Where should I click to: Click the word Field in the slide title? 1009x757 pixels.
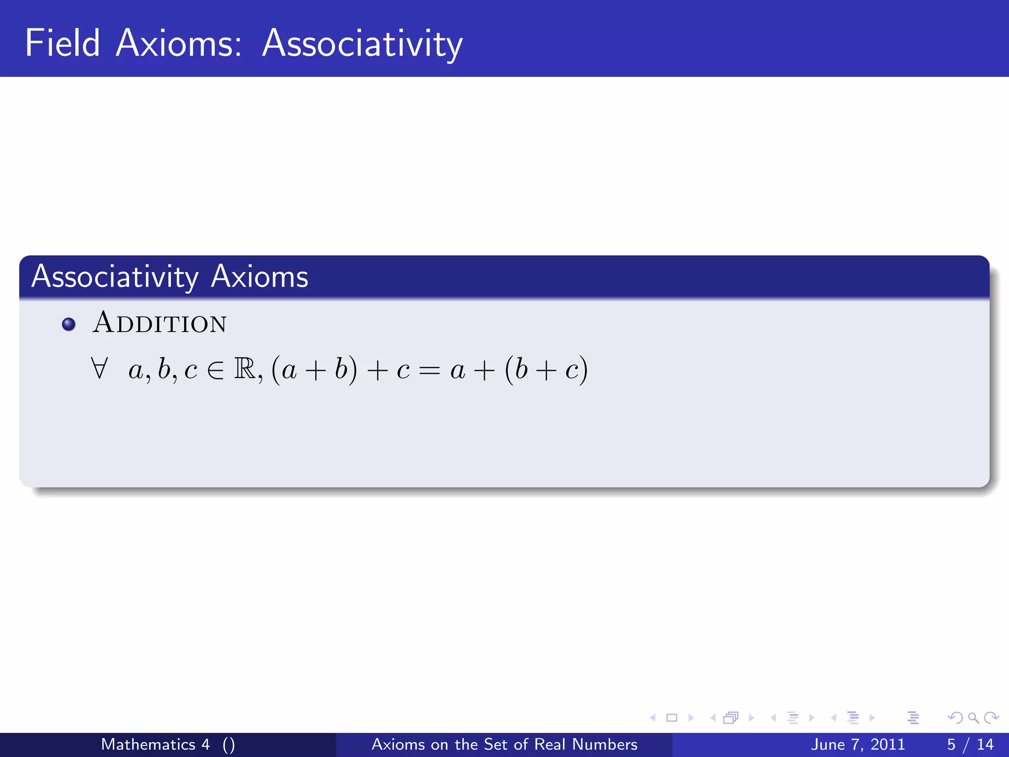pos(62,43)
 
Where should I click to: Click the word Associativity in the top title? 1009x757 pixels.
pos(362,44)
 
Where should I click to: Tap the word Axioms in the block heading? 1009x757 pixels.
pos(259,276)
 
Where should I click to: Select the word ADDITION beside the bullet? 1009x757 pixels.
pos(160,323)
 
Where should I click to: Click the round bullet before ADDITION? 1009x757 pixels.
pos(68,324)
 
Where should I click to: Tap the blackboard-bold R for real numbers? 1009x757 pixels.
pos(245,369)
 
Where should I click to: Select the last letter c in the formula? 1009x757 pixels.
pos(572,371)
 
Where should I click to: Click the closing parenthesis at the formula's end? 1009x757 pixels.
pos(583,370)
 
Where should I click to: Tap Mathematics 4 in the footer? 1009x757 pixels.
pos(155,744)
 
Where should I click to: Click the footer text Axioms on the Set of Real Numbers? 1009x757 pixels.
pos(504,744)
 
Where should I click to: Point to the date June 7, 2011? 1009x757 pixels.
pos(858,744)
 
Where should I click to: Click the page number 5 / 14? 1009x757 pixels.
pos(970,744)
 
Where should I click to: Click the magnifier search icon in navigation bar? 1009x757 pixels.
pos(973,718)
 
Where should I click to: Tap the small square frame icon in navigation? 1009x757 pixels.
pos(672,718)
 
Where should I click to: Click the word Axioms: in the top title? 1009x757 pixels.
pos(178,43)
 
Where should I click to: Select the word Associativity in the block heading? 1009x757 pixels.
pos(115,276)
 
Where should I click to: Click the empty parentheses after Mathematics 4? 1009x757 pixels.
pos(229,745)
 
